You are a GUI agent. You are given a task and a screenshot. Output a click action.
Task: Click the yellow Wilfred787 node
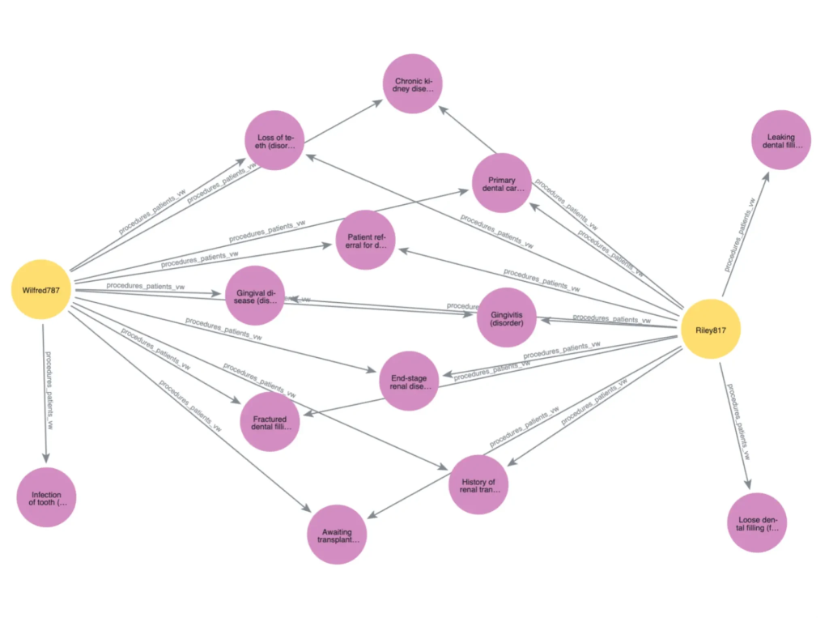pos(41,289)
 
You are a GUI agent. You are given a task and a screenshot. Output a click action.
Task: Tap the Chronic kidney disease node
pos(413,84)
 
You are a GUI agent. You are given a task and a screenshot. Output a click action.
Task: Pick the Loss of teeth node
pos(274,140)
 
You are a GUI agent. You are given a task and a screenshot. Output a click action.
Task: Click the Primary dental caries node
pos(503,183)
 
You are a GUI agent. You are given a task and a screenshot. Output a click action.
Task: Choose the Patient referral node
pos(365,240)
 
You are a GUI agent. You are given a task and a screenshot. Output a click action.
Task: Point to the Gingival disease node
pos(256,296)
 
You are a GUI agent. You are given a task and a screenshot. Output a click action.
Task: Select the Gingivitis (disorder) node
pos(508,317)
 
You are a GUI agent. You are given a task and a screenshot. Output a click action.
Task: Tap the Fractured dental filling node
pos(270,422)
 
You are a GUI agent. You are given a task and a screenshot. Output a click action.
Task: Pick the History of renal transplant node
pos(478,485)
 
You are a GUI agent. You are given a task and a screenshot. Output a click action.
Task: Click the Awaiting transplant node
pos(338,534)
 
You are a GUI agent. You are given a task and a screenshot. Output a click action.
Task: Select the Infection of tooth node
pos(46,497)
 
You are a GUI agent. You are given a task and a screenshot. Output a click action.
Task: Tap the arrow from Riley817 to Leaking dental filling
pos(742,232)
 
